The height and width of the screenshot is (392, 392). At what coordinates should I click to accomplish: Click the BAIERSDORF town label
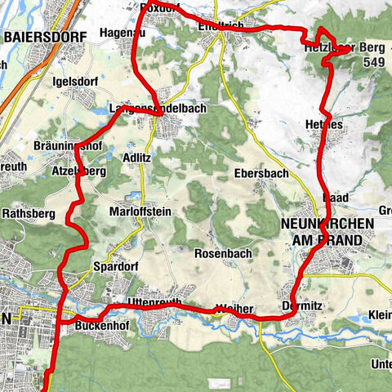[40, 36]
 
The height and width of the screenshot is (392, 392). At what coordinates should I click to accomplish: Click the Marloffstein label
[140, 211]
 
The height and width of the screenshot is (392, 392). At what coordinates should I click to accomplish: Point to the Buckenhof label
[97, 325]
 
